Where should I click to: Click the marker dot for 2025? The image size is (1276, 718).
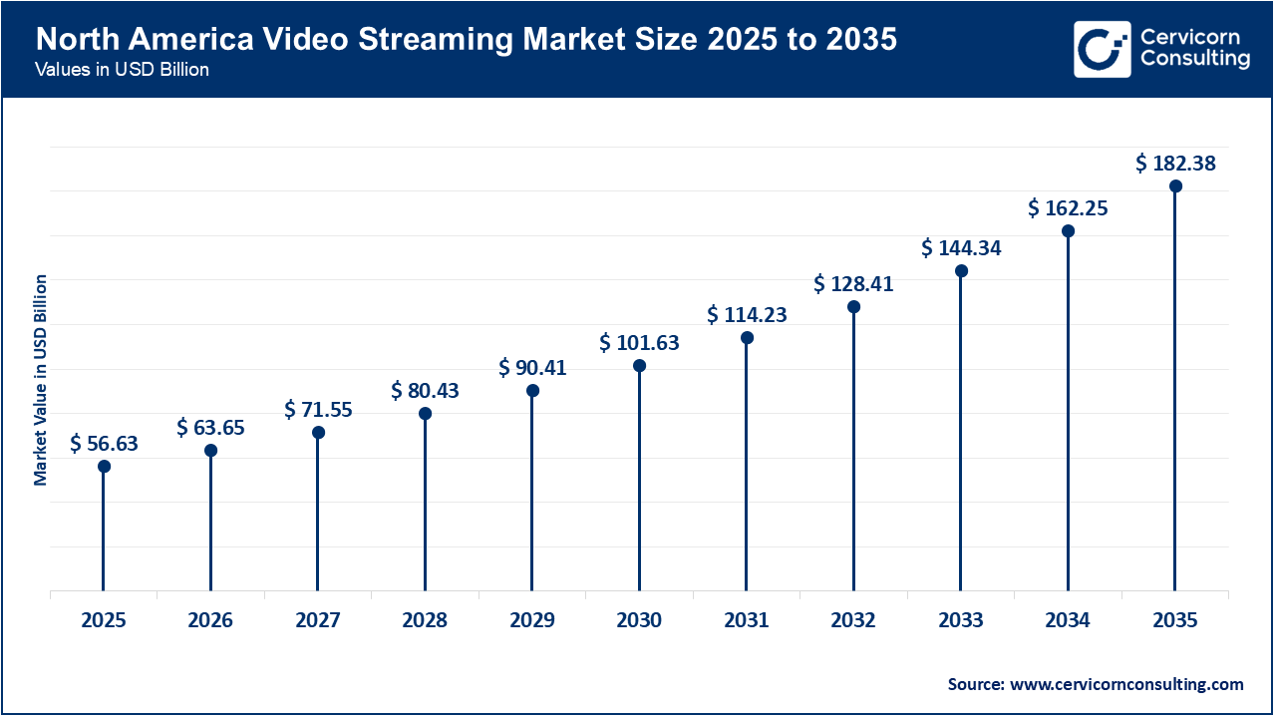click(104, 466)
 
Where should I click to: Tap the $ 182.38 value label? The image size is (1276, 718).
click(1175, 164)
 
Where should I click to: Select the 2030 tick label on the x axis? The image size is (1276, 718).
click(639, 620)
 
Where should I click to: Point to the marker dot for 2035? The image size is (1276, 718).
click(1175, 186)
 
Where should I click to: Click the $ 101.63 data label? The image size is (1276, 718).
click(639, 343)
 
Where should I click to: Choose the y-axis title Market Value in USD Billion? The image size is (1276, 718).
click(41, 380)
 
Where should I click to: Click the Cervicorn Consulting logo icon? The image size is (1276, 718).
click(1102, 49)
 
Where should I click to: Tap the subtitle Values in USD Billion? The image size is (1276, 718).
click(122, 71)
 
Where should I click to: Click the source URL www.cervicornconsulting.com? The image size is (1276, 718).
click(1126, 684)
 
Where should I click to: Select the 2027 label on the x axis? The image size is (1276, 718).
click(318, 620)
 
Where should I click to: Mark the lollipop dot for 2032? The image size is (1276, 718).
click(853, 307)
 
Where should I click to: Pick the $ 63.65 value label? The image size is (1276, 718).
click(210, 428)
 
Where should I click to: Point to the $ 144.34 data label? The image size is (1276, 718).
click(961, 247)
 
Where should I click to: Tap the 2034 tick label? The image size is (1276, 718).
click(1068, 620)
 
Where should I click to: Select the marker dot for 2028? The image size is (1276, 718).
click(425, 413)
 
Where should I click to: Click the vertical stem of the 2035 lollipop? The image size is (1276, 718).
click(1175, 399)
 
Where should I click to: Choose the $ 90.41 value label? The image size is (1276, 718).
click(532, 368)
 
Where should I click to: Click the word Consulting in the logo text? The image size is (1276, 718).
click(1194, 59)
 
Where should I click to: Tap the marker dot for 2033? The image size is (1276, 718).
click(961, 271)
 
